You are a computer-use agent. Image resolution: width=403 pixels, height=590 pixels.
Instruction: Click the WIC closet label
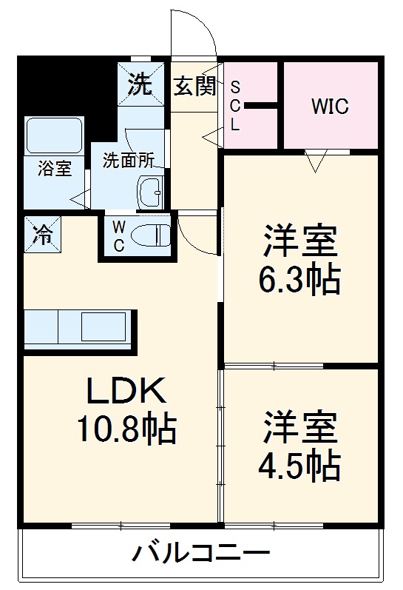(x=329, y=106)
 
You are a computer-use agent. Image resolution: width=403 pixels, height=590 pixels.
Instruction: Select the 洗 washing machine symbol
(x=139, y=84)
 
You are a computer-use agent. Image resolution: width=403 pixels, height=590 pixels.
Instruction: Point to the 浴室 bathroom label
(x=55, y=168)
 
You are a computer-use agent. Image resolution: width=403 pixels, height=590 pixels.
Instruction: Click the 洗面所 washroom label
(x=128, y=159)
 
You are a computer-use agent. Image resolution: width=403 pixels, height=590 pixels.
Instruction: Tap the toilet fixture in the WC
(x=151, y=235)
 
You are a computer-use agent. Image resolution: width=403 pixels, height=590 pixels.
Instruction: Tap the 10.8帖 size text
(x=125, y=427)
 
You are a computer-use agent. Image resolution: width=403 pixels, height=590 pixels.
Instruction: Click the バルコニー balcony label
(x=201, y=553)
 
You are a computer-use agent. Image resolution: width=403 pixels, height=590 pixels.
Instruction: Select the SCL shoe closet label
(x=235, y=106)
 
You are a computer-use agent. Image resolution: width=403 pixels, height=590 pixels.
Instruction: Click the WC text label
(x=118, y=236)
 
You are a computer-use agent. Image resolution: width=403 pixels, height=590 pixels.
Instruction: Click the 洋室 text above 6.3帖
(x=299, y=241)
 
